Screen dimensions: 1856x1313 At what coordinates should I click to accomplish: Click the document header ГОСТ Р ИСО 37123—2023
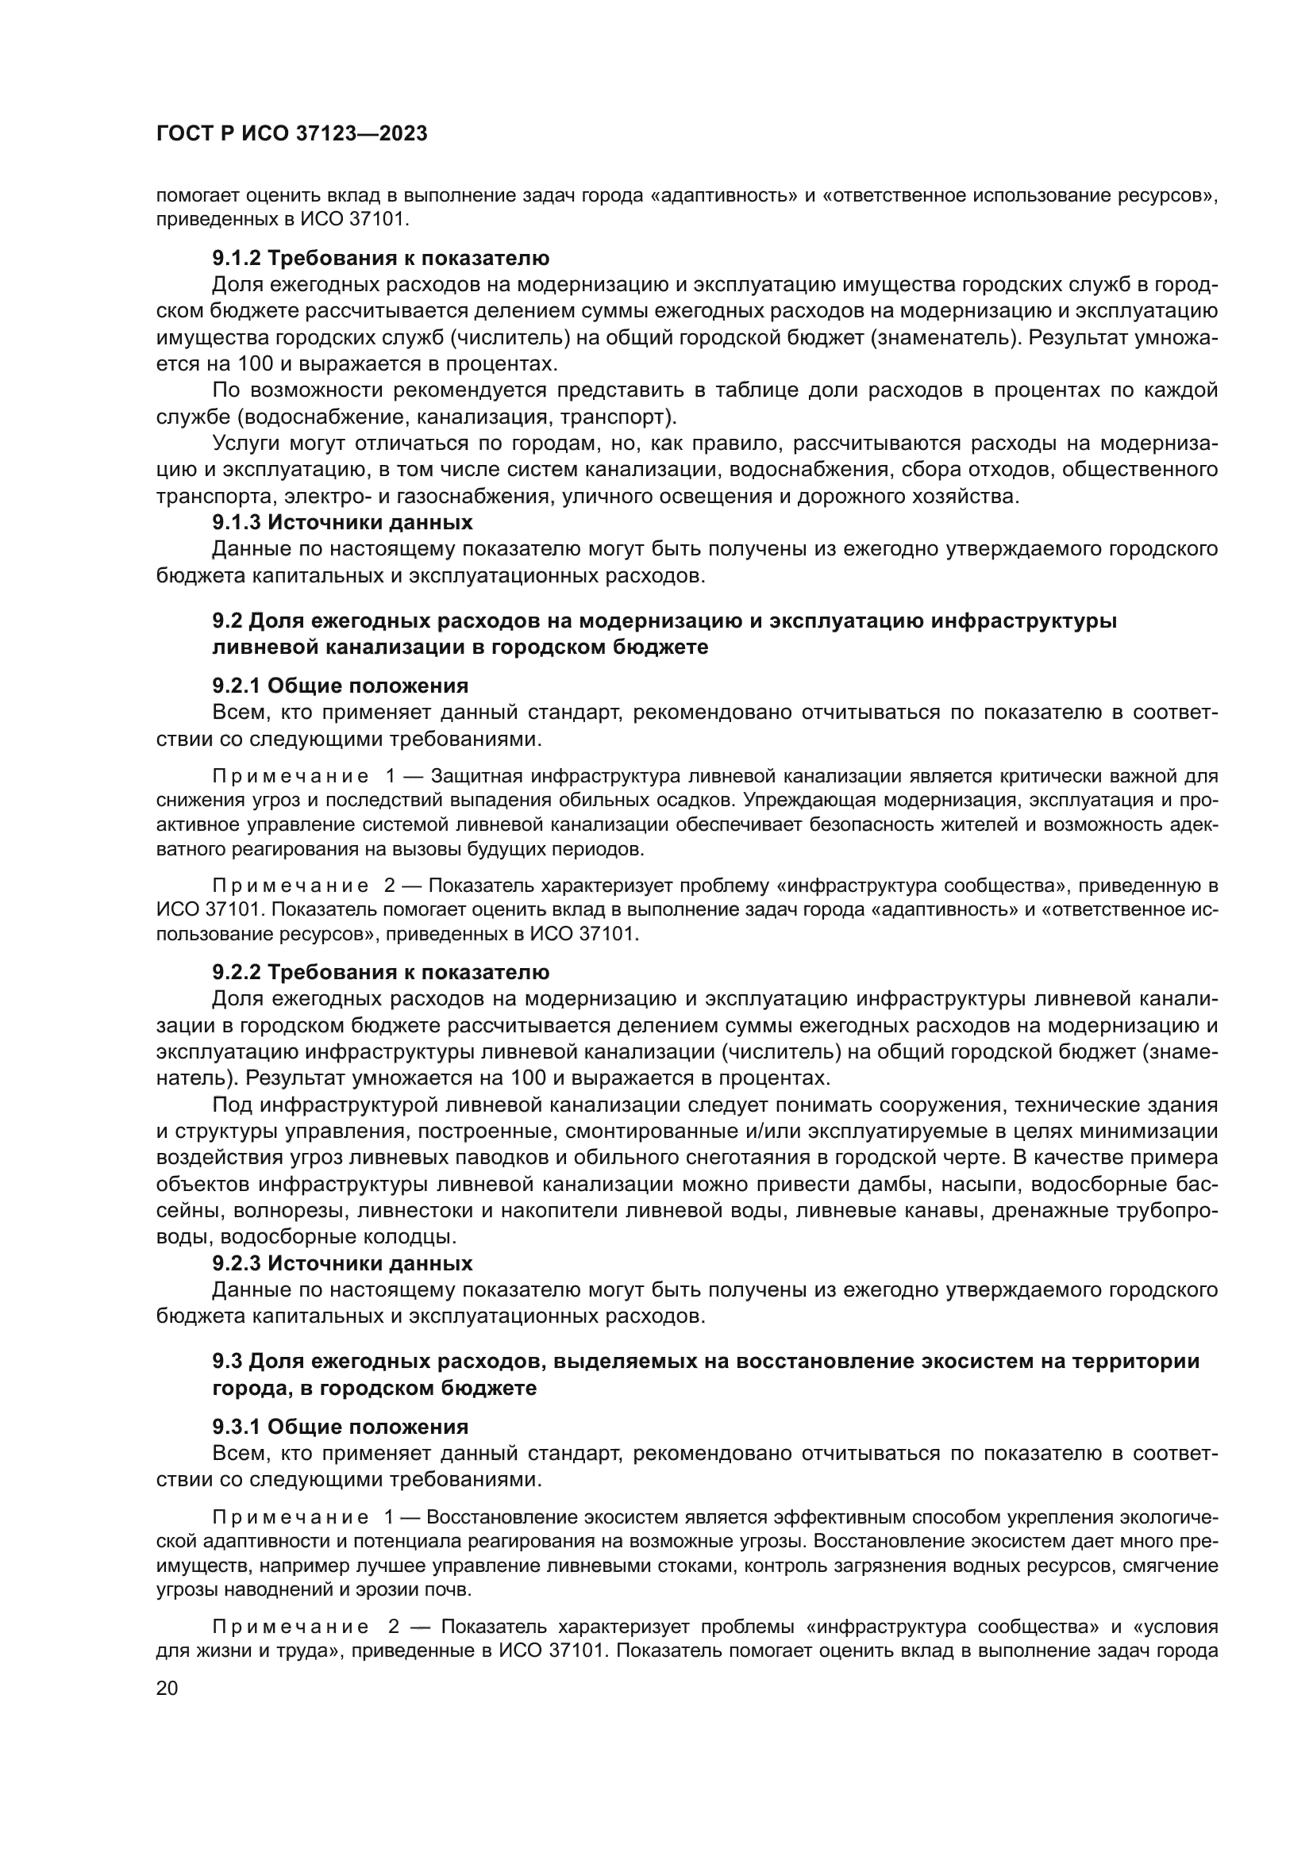pyautogui.click(x=291, y=134)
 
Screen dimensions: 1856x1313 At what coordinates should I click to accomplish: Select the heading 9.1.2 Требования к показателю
pyautogui.click(x=380, y=258)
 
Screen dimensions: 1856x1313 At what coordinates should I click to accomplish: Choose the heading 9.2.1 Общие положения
pyautogui.click(x=340, y=686)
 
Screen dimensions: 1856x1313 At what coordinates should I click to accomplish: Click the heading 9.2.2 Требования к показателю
pyautogui.click(x=380, y=972)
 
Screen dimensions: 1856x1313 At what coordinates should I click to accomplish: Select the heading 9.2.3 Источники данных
pyautogui.click(x=342, y=1262)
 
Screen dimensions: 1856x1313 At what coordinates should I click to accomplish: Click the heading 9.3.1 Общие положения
pyautogui.click(x=340, y=1426)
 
